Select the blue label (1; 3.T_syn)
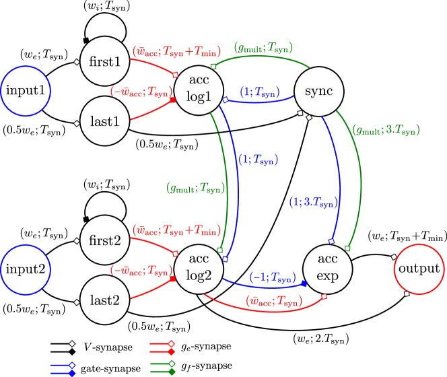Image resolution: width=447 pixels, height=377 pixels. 313,202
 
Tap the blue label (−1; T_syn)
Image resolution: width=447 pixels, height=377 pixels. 272,277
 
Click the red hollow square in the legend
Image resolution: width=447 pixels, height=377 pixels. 171,343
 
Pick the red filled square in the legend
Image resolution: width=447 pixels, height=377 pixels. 171,351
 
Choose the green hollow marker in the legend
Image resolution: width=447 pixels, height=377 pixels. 172,364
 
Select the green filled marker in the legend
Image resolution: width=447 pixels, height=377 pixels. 172,372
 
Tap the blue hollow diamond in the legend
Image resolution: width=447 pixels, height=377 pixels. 72,365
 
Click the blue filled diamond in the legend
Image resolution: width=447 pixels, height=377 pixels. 72,373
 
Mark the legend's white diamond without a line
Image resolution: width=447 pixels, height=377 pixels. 72,343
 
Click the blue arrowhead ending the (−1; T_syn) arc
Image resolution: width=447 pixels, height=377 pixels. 304,283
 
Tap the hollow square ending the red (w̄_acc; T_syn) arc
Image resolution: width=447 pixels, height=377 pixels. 324,296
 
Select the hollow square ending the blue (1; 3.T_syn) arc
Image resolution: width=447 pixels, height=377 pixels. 331,241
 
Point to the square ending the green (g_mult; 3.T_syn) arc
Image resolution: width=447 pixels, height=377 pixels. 347,248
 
